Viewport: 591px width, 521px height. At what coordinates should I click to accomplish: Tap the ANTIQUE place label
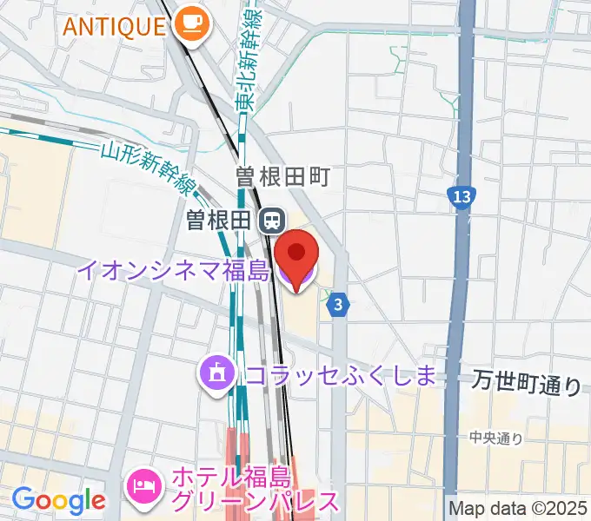(x=112, y=25)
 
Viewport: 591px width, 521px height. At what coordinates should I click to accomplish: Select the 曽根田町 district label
(x=282, y=177)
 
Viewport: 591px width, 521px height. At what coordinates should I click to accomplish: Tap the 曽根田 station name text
(x=218, y=221)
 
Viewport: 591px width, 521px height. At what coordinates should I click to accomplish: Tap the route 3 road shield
(x=339, y=305)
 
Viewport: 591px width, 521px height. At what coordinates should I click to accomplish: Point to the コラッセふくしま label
(x=340, y=375)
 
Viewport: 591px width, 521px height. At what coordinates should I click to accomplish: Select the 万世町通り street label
(x=528, y=382)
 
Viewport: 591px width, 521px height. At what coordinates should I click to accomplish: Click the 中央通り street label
(x=496, y=439)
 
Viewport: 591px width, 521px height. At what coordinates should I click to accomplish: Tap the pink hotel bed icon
(x=143, y=482)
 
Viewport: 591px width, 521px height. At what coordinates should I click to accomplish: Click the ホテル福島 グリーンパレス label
(x=254, y=489)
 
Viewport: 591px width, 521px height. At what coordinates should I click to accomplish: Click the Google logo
(x=58, y=500)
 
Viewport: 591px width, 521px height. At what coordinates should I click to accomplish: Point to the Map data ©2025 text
(x=518, y=508)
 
